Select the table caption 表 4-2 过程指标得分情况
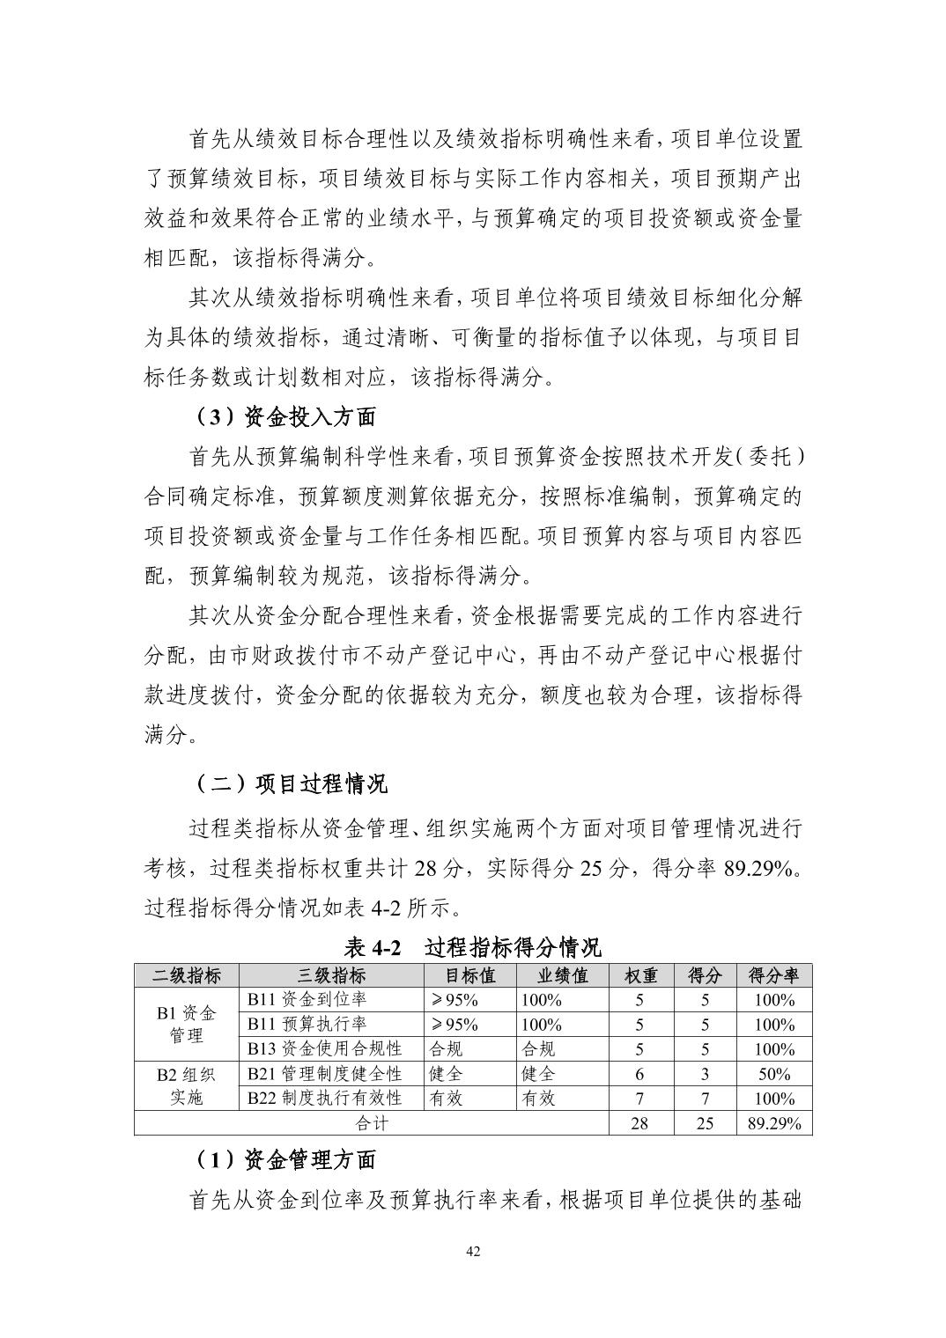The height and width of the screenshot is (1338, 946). coord(472,947)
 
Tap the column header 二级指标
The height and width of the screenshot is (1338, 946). coord(186,975)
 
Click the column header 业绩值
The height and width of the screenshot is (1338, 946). coord(563,975)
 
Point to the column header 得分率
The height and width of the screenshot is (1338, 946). coord(773,975)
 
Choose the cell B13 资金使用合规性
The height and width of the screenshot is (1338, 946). coord(324,1049)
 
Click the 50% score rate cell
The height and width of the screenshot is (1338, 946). coord(773,1074)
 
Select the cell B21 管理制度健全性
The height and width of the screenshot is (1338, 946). coord(324,1074)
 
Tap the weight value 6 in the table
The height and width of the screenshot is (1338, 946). coord(640,1074)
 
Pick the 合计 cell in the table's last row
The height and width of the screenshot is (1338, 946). coord(371,1123)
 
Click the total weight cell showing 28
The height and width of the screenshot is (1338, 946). coord(640,1123)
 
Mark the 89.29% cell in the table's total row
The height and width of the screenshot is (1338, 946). coord(773,1123)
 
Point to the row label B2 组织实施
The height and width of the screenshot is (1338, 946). coord(186,1086)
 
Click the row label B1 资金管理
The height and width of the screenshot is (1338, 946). coord(186,1025)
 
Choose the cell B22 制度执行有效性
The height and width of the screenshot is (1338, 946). coord(324,1099)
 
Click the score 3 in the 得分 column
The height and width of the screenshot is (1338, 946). coord(705,1074)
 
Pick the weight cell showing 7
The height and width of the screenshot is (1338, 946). coord(640,1099)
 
